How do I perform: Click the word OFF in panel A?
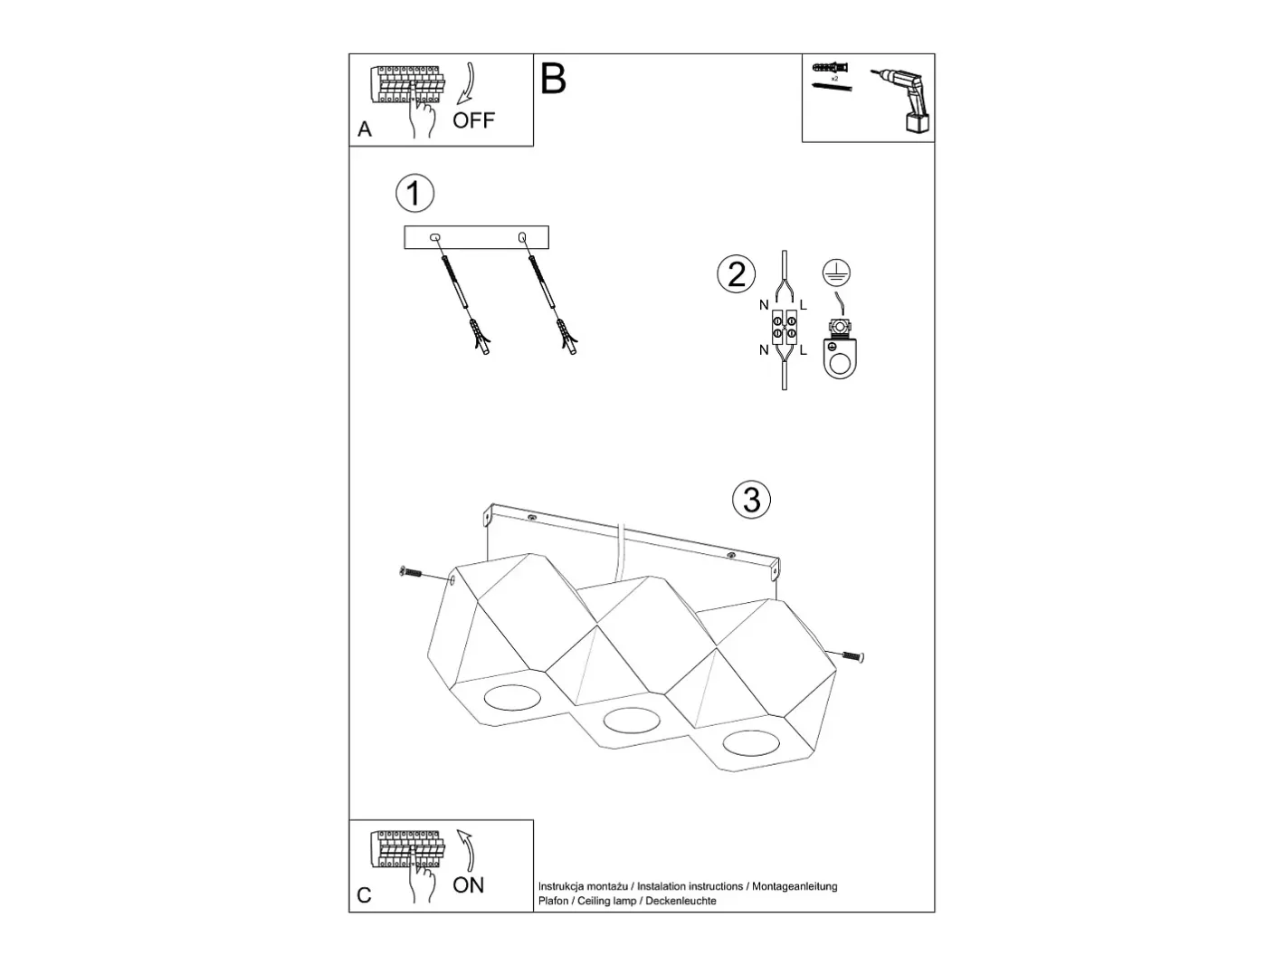[x=473, y=120]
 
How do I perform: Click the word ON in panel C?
[x=469, y=884]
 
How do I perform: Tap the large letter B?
[x=553, y=79]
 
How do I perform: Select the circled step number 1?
[x=414, y=193]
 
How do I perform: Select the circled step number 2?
[x=736, y=274]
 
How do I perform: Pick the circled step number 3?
[x=752, y=500]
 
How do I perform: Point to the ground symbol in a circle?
[x=836, y=272]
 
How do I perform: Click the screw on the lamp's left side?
[x=410, y=571]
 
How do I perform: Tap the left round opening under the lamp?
[x=512, y=697]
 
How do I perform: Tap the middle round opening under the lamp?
[x=632, y=720]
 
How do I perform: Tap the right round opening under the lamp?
[x=751, y=743]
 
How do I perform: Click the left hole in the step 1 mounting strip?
[x=435, y=237]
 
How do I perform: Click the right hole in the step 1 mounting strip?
[x=522, y=237]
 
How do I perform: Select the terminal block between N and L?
[x=785, y=327]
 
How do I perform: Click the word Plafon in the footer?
[x=553, y=901]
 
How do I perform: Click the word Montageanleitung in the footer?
[x=795, y=886]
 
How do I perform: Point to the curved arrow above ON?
[x=467, y=850]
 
